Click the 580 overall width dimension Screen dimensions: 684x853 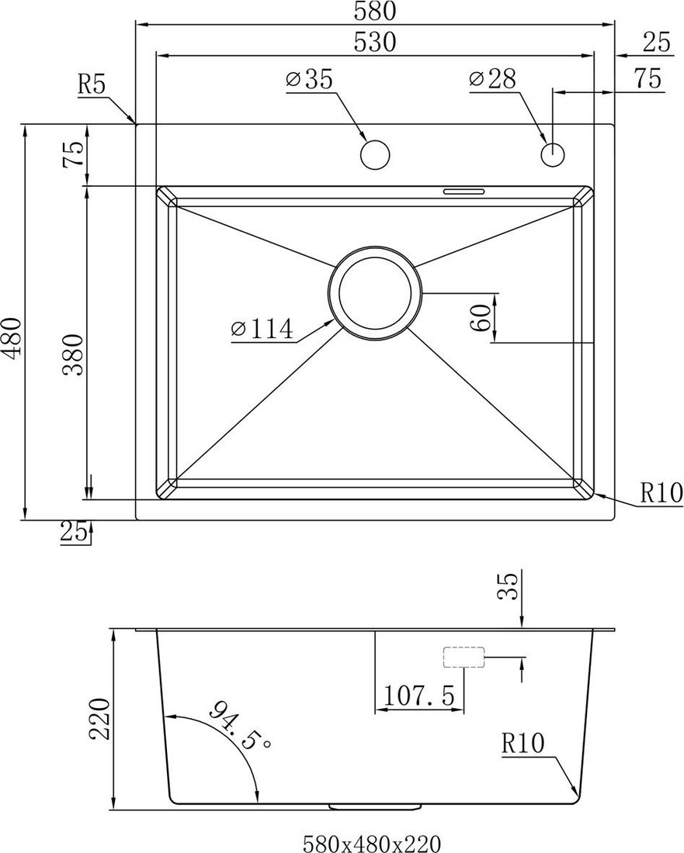(374, 11)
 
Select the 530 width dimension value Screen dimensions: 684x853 (375, 42)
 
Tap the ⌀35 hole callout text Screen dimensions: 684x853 (309, 79)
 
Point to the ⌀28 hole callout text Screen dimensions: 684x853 (492, 79)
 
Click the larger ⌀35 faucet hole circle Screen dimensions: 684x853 (375, 154)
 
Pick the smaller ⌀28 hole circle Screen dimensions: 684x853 (553, 154)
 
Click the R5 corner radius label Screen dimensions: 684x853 (92, 85)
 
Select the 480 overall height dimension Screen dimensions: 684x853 (11, 337)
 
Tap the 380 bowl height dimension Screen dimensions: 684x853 (72, 355)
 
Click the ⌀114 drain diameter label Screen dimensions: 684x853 (262, 329)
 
